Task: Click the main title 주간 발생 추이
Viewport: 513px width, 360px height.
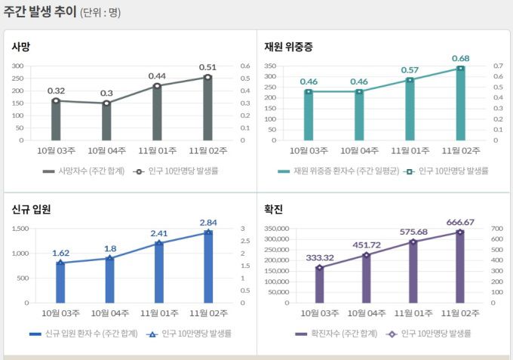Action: [39, 12]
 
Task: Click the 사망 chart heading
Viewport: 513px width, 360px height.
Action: [21, 47]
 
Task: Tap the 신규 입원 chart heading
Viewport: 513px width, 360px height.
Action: [31, 210]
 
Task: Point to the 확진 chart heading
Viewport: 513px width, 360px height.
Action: [274, 210]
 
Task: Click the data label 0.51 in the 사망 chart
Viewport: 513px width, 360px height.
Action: [207, 66]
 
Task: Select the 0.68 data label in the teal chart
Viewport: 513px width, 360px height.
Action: [461, 58]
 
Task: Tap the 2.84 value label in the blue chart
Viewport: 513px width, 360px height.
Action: [208, 222]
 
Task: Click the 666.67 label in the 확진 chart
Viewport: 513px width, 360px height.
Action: [460, 222]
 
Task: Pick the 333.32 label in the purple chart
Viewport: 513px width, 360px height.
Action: [320, 257]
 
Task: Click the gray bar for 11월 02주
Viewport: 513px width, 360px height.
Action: [207, 109]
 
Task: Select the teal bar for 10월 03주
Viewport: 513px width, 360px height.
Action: [308, 115]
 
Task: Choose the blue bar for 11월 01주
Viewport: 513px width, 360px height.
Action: [158, 272]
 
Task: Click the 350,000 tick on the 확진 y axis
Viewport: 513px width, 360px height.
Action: [277, 229]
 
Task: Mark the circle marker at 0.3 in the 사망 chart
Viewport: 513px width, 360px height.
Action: [106, 103]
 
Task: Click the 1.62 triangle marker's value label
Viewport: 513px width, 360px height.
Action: [61, 253]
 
